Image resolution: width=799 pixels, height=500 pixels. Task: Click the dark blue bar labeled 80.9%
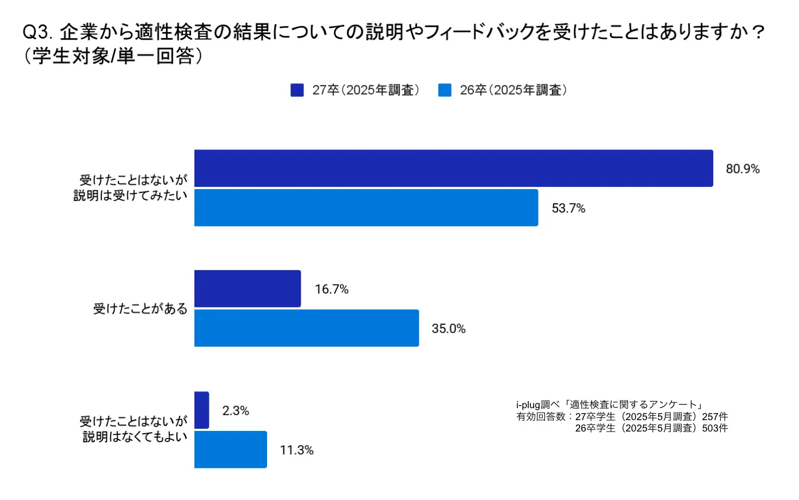[453, 168]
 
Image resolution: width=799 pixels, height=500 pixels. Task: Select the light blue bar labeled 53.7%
[366, 208]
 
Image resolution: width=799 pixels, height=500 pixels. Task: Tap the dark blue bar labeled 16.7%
[248, 289]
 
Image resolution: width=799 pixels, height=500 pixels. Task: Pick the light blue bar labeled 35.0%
[307, 328]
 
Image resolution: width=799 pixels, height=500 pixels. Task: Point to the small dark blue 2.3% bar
[201, 410]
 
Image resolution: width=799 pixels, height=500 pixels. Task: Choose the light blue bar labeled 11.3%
[231, 449]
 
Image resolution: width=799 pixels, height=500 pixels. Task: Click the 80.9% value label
[743, 169]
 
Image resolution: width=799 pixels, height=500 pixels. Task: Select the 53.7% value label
[568, 209]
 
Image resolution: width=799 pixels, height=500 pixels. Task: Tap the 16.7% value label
[332, 289]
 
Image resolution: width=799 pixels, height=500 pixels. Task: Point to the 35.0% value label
[448, 329]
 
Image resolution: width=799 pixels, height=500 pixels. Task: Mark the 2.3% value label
[236, 411]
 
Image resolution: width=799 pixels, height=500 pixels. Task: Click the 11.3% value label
[296, 450]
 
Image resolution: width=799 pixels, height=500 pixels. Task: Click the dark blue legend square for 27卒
[297, 90]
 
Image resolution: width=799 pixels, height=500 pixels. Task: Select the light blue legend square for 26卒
[445, 90]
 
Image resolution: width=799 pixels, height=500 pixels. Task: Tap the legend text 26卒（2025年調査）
[513, 90]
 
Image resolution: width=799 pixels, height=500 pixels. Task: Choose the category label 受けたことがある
[140, 309]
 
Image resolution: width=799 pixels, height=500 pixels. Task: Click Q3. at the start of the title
[37, 33]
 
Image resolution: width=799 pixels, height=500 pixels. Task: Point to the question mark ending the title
[759, 33]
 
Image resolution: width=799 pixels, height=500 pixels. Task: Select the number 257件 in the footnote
[715, 416]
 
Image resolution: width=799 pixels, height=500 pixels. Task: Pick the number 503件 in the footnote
[715, 428]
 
